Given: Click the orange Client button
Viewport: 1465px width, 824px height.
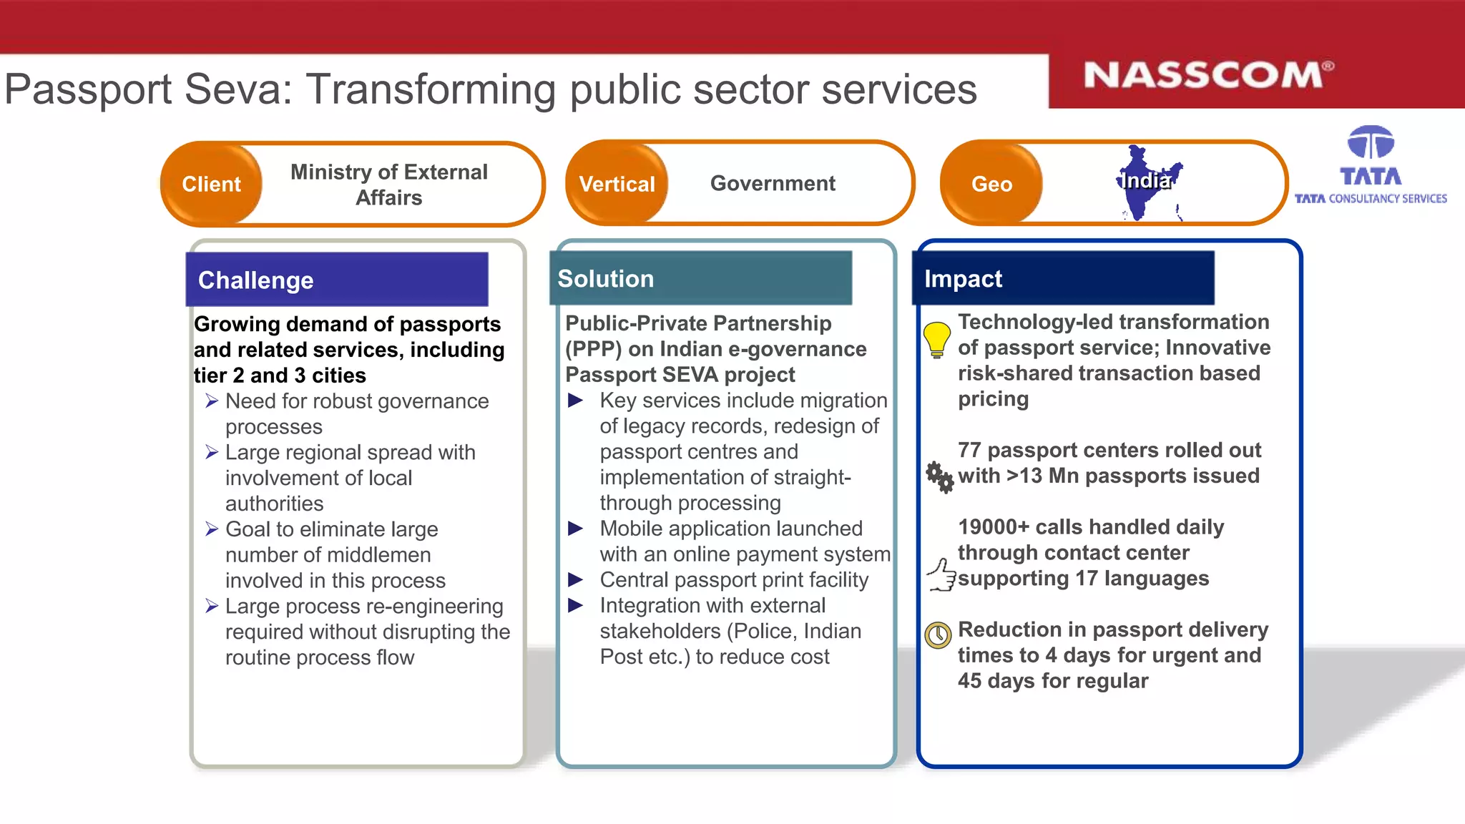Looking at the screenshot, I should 211,184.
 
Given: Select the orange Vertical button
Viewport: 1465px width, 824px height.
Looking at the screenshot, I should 617,184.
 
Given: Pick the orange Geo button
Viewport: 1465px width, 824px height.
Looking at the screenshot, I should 991,184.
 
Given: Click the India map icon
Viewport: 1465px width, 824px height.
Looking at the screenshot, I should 1146,183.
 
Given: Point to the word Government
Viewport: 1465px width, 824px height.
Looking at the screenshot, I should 773,183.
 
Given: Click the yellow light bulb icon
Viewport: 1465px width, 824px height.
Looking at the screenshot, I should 936,338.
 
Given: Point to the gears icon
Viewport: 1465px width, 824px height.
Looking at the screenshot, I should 939,476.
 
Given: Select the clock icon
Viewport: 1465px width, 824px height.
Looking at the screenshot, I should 938,634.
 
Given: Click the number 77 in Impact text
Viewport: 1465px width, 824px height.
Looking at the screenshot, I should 969,450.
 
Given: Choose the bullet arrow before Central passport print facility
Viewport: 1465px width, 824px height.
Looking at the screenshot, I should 575,579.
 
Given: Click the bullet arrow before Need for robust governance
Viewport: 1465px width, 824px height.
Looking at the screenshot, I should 212,401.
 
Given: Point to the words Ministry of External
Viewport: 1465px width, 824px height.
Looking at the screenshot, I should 388,172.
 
